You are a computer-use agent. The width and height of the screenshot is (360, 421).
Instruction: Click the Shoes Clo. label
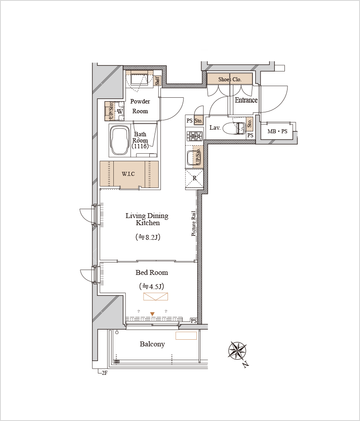230,79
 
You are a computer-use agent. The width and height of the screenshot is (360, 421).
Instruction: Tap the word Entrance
246,100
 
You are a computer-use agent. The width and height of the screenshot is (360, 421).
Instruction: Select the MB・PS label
277,131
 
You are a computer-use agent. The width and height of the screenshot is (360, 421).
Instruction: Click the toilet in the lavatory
235,128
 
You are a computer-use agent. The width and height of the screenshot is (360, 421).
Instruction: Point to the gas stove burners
195,136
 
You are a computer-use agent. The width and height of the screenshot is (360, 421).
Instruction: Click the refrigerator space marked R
195,178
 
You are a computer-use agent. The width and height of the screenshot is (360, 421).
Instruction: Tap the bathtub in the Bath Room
120,140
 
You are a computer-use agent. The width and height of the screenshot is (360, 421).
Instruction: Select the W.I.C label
128,174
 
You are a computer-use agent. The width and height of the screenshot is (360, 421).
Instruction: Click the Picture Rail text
193,223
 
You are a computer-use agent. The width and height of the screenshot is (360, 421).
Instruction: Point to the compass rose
237,350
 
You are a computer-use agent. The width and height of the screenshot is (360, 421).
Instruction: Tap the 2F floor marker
104,373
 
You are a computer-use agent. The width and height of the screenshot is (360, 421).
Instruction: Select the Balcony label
152,344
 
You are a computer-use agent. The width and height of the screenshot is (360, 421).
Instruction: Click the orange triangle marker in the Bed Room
152,314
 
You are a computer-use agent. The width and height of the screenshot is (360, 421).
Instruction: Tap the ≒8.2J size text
148,237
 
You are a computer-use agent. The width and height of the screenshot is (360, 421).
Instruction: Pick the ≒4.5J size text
152,286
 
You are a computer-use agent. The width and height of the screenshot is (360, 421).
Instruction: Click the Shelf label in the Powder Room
157,80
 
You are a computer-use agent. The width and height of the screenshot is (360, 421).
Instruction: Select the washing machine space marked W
120,111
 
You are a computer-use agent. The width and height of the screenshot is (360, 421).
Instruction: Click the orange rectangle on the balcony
186,336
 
